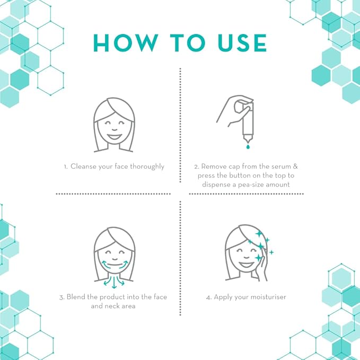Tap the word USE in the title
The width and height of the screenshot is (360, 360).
click(238, 43)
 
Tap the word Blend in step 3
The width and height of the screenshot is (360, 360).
click(76, 297)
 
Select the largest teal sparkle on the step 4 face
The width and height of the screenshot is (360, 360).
click(258, 258)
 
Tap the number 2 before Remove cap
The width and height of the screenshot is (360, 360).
click(196, 166)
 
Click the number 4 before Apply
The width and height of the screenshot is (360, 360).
click(208, 297)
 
